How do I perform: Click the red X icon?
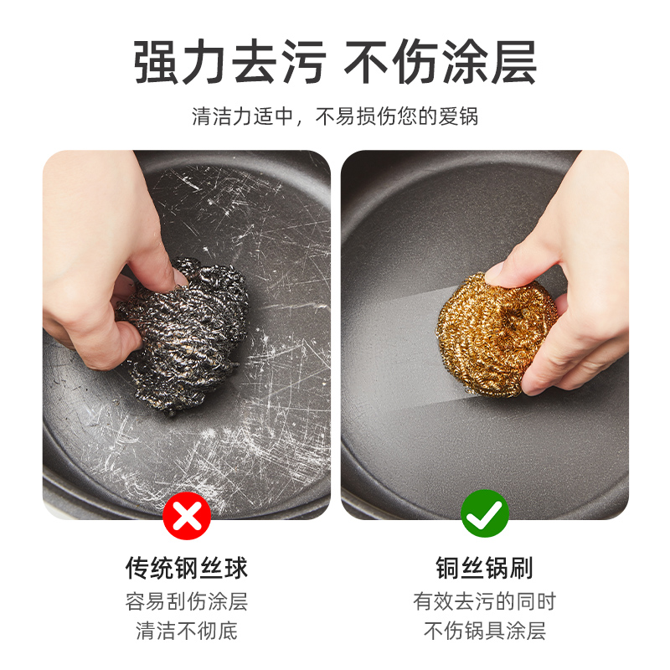(186, 515)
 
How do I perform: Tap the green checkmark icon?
(485, 515)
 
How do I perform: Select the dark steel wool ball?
(184, 335)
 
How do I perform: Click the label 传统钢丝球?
(186, 569)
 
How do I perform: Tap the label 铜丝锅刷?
(485, 569)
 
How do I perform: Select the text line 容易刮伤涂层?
(186, 601)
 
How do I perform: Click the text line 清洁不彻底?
(186, 631)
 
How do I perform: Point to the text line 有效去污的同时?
(485, 601)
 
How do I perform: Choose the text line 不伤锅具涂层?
(485, 631)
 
